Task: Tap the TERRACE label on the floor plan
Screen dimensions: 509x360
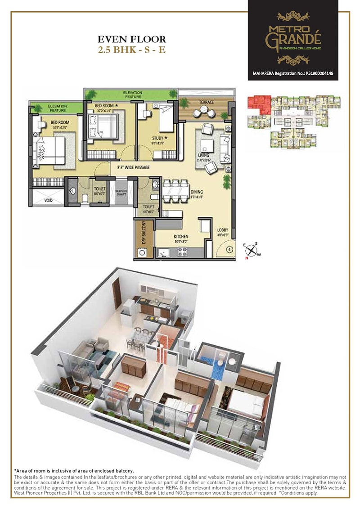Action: pyautogui.click(x=207, y=102)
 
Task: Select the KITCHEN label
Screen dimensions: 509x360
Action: pyautogui.click(x=182, y=236)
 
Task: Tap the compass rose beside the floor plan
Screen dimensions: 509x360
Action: pyautogui.click(x=253, y=251)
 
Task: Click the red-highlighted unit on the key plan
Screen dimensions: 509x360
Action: pyautogui.click(x=260, y=103)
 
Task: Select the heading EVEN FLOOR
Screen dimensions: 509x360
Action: pyautogui.click(x=132, y=40)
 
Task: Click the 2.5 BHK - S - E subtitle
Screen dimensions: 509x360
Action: pyautogui.click(x=132, y=50)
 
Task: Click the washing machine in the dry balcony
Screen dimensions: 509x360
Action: pyautogui.click(x=143, y=252)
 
